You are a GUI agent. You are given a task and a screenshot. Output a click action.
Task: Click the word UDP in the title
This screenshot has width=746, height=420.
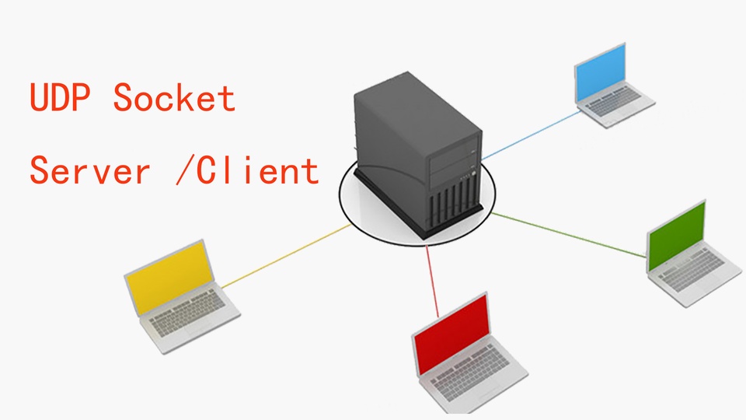(60, 97)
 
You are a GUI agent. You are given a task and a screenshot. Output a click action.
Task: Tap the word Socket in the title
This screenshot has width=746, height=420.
(174, 97)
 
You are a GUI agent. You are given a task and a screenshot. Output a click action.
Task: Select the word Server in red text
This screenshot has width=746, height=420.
(90, 170)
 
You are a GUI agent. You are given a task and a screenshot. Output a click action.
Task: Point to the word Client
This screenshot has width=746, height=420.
(257, 170)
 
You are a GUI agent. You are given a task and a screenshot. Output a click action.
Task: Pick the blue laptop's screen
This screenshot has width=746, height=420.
(600, 72)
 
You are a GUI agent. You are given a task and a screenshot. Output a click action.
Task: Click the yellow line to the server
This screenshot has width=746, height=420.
(287, 256)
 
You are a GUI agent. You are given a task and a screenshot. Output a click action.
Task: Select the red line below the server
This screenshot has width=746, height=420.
(432, 281)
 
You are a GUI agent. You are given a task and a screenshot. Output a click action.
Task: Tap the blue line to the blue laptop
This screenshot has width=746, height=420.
(532, 135)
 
